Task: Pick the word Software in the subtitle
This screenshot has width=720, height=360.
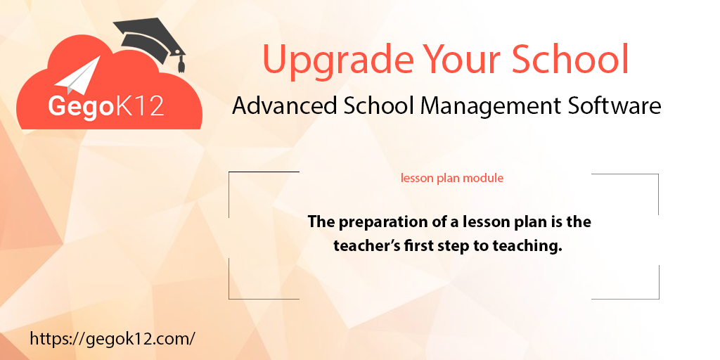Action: coord(614,105)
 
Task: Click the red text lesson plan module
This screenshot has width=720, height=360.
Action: coord(452,178)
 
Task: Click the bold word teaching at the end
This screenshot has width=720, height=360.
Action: coord(533,246)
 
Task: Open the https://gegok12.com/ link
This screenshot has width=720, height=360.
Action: coord(112,338)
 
